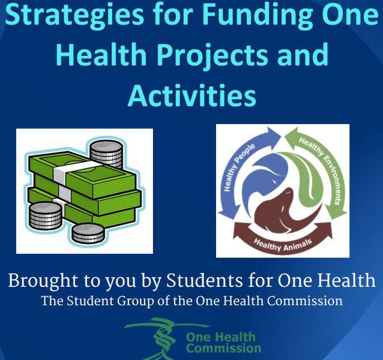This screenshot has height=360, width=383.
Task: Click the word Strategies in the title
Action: coord(74,15)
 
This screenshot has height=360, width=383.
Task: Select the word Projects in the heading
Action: coord(212,55)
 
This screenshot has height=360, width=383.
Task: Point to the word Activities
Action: coord(192,95)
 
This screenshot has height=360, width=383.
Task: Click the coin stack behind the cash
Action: coord(106,154)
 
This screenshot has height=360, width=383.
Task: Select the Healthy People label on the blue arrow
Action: coord(238,167)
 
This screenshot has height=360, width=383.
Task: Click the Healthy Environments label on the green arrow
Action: coord(320,169)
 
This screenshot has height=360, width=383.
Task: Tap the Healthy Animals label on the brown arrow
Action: coord(283,244)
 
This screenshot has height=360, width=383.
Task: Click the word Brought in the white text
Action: coord(44,281)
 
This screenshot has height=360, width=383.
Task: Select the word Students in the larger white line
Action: coord(204,280)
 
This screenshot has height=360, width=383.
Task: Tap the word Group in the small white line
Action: coord(136,301)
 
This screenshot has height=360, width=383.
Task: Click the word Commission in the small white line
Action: coord(305,301)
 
